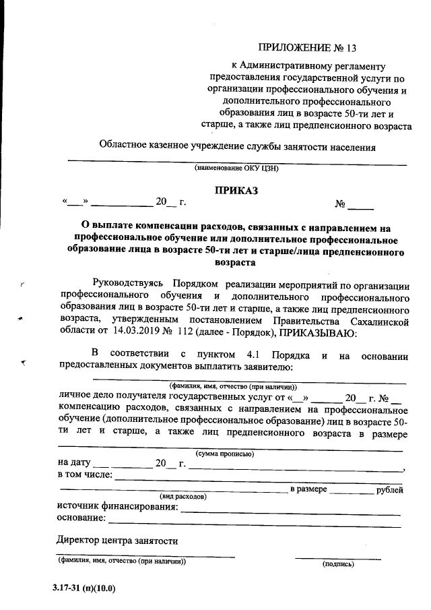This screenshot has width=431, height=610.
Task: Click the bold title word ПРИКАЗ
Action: pos(236,191)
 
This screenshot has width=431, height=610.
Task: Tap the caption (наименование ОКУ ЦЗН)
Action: pos(236,169)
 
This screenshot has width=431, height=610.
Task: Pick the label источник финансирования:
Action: pos(118,507)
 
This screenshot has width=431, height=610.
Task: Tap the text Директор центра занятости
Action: pos(117,541)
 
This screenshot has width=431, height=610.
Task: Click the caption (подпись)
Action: pos(338,563)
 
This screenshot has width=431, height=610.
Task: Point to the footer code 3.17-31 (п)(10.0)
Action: pos(84,588)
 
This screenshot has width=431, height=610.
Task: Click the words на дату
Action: pos(73,464)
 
